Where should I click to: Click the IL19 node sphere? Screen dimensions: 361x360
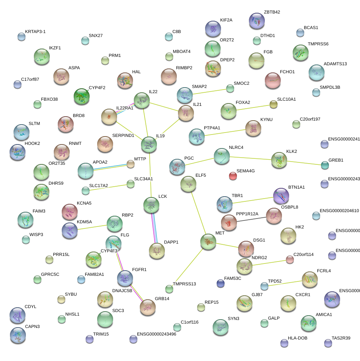(149, 144)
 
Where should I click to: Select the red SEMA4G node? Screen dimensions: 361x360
(233, 176)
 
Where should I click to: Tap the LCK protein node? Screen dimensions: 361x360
(151, 205)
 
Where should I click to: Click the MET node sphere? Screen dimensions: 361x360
(208, 241)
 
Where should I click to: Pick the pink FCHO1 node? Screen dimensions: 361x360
(273, 80)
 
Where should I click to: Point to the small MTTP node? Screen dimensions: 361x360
(131, 164)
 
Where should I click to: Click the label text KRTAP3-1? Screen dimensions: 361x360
(38, 31)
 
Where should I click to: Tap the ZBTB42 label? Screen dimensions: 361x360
(272, 12)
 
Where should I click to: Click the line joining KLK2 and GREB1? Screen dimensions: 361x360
(304, 162)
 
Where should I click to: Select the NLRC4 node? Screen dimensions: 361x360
(221, 156)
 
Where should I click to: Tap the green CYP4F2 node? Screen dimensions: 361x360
(82, 96)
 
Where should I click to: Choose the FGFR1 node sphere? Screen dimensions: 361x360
(125, 278)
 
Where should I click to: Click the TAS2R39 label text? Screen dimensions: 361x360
(341, 338)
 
